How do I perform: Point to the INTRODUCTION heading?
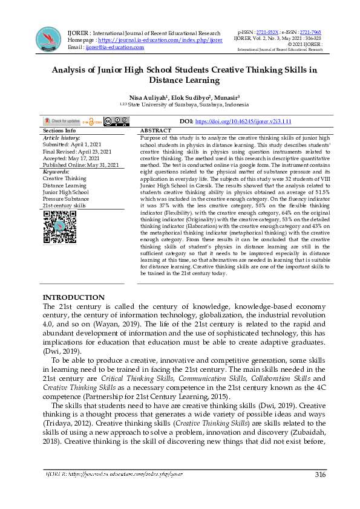coord(74,297)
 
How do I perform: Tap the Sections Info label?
coord(59,131)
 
